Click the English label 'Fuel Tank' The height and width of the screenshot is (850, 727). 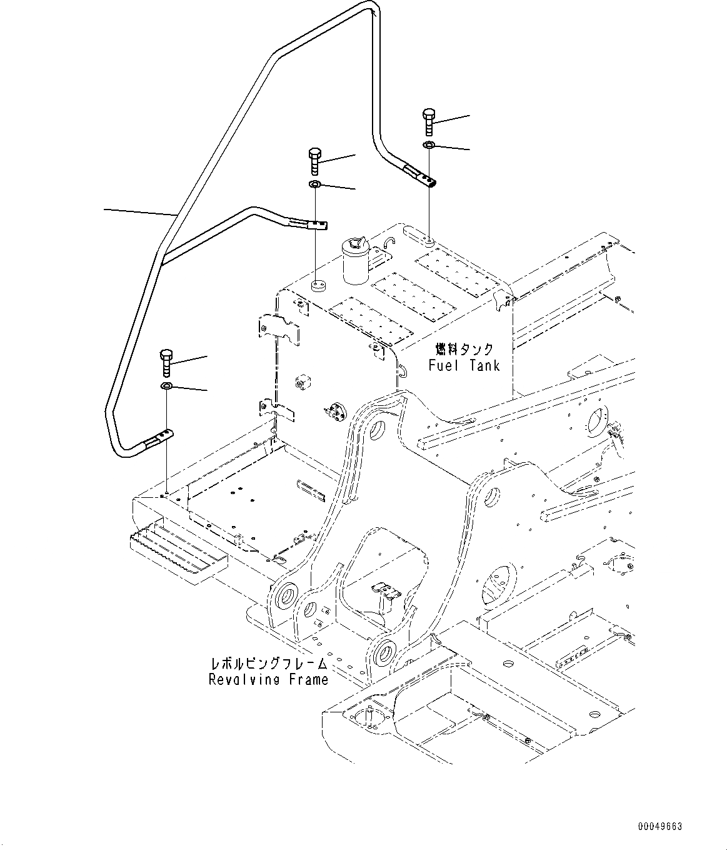point(464,365)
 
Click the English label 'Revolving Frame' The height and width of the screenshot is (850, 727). point(269,679)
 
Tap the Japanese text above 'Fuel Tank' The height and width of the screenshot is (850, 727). point(464,349)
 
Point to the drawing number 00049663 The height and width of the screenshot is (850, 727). point(660,826)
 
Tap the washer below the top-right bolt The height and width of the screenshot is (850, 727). point(429,146)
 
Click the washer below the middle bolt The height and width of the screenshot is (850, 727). point(314,185)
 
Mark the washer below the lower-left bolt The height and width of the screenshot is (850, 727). point(167,387)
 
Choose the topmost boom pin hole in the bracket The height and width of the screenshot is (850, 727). point(378,430)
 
